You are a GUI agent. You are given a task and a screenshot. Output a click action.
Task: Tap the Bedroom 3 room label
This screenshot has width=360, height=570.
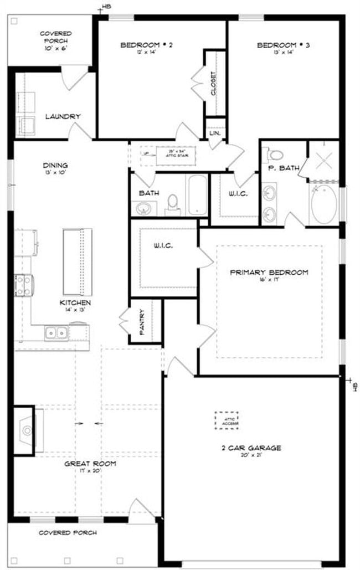click(x=283, y=45)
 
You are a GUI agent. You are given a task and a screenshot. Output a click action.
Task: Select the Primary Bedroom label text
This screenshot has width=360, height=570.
click(x=269, y=273)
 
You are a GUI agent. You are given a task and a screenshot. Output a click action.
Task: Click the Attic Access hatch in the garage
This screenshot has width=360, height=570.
click(x=227, y=420)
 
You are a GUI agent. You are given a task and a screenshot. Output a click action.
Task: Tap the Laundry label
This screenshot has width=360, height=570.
click(x=63, y=116)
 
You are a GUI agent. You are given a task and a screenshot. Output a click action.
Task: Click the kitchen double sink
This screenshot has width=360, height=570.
click(x=56, y=333)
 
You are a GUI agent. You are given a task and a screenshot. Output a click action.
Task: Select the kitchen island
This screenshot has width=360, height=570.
click(x=77, y=261)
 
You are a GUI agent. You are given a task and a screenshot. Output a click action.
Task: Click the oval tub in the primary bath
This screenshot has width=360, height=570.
click(x=324, y=204)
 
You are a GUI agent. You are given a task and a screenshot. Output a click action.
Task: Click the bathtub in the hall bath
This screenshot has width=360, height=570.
click(x=197, y=194)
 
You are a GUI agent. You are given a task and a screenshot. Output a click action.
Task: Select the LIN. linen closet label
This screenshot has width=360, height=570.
click(x=215, y=133)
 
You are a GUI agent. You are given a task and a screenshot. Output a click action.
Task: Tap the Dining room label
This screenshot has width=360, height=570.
click(x=55, y=165)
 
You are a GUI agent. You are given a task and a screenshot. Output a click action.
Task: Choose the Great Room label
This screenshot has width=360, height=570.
click(x=89, y=463)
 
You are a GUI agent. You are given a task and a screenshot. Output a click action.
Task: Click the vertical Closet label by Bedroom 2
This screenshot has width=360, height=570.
click(x=214, y=83)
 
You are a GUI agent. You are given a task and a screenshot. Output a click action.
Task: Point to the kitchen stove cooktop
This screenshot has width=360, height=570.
click(x=23, y=285)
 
